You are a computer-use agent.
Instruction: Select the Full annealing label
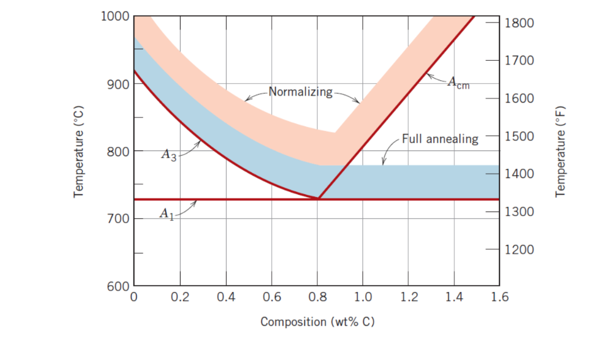(x=440, y=139)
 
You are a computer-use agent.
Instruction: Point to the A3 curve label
(x=169, y=156)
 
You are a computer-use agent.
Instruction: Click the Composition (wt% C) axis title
(x=317, y=322)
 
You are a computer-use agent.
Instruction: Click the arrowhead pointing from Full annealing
(x=385, y=163)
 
